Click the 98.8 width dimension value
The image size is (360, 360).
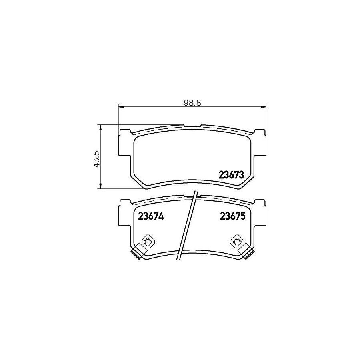[x=192, y=102]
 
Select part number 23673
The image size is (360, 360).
[x=231, y=175]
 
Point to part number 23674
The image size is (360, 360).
[x=151, y=216]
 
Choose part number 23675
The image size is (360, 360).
[x=232, y=216]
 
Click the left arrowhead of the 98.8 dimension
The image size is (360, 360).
[x=121, y=107]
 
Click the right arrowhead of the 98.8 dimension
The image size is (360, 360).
[x=264, y=107]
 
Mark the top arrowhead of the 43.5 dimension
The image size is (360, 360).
[x=100, y=127]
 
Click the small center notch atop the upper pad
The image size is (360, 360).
[x=192, y=126]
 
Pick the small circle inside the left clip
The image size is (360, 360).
[x=148, y=241]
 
